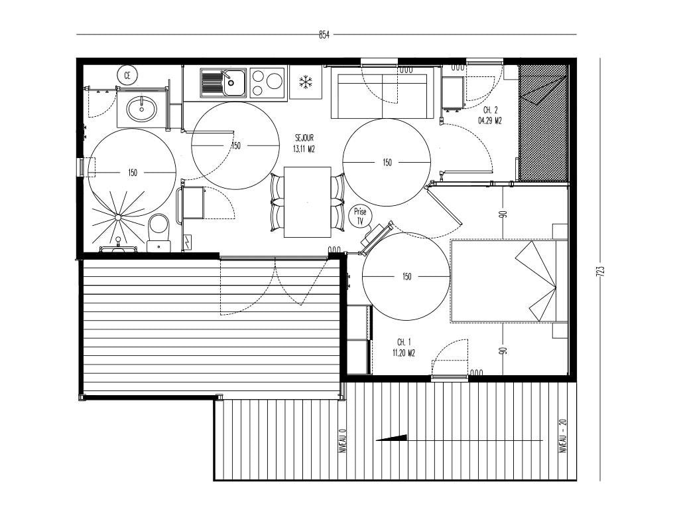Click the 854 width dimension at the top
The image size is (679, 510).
[324, 35]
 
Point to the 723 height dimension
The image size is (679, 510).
[600, 271]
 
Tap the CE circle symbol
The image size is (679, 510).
[127, 76]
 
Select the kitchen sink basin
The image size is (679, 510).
[234, 83]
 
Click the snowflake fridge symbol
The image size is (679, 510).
[306, 82]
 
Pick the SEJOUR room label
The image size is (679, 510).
[304, 138]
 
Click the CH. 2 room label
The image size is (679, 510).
[490, 111]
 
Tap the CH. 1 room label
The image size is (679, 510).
[404, 343]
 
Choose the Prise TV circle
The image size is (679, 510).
[360, 216]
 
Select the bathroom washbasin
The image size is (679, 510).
[142, 108]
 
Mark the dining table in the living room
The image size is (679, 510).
[308, 202]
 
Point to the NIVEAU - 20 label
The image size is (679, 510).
[564, 436]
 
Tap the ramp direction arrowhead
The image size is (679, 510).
[391, 438]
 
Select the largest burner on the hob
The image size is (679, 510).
[275, 80]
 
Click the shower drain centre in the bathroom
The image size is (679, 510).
[117, 217]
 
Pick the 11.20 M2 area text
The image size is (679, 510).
[404, 353]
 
